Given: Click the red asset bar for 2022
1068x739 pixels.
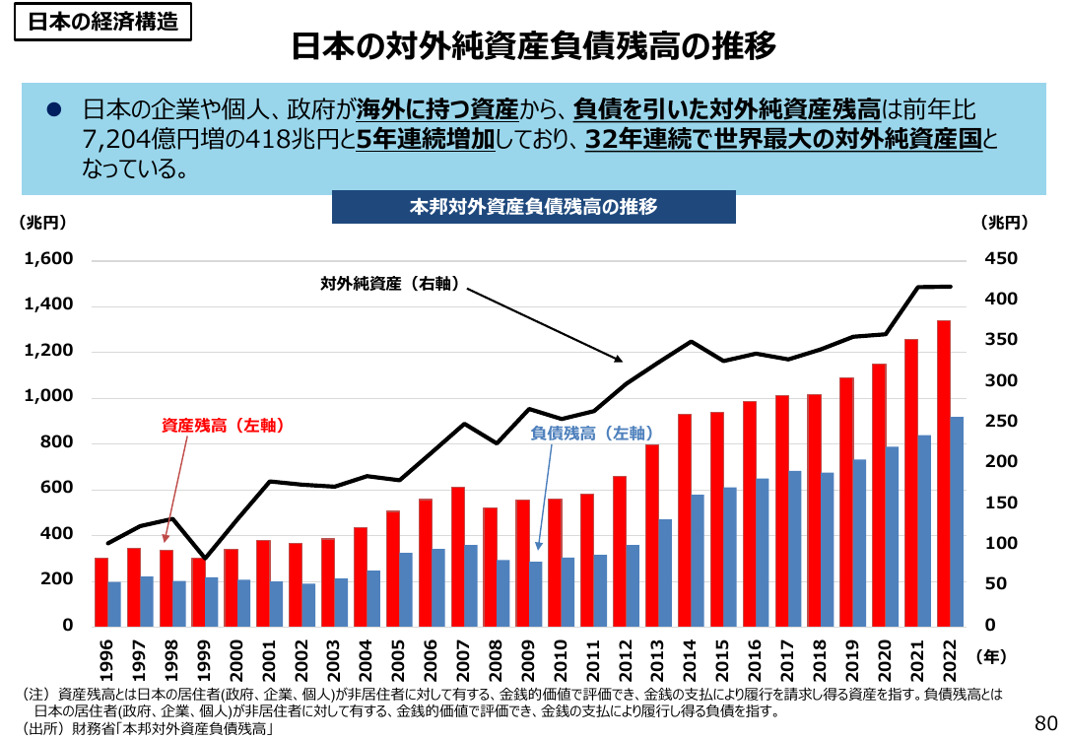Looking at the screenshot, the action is [943, 473].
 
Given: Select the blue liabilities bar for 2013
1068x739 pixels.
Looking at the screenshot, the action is [665, 572].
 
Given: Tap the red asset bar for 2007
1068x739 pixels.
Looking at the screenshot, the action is [458, 557].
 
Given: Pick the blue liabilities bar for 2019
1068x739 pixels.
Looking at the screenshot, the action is [859, 543].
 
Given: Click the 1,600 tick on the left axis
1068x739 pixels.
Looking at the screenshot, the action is [48, 259].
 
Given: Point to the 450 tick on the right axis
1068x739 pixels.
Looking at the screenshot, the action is [1001, 259].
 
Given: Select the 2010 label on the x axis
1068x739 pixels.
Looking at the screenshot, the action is [561, 660].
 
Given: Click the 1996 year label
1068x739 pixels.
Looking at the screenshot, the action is [106, 660].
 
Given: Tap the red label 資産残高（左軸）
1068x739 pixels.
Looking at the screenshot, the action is [223, 426].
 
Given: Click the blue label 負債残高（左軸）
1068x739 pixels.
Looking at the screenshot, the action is [592, 434].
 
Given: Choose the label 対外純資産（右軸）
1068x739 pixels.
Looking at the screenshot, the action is [389, 284].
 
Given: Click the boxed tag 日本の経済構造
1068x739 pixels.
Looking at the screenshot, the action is [102, 22].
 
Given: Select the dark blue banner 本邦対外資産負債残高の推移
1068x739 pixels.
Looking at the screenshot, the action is [533, 206].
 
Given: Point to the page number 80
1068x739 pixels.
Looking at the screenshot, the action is [1045, 722].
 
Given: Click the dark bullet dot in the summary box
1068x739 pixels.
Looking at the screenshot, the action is [54, 109].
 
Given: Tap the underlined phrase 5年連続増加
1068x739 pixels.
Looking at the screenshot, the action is [426, 139].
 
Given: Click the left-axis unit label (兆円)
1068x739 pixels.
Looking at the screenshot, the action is [43, 222].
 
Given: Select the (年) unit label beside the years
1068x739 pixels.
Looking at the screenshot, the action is [991, 656].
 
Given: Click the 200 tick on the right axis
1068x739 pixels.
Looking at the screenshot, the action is [1001, 462].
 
